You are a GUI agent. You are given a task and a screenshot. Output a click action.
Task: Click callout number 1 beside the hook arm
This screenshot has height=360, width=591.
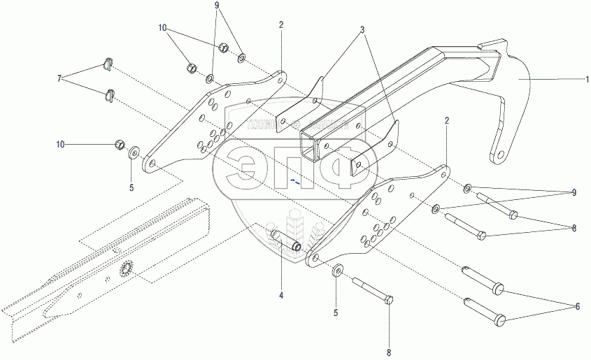[576, 81]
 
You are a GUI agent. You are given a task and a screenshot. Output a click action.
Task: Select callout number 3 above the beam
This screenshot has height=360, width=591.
[362, 31]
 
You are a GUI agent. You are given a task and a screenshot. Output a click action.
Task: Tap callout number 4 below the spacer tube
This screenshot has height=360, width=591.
[281, 296]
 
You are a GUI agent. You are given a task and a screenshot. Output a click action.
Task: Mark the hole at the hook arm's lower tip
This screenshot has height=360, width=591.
[498, 154]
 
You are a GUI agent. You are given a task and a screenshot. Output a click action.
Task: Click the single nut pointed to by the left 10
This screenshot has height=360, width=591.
[120, 145]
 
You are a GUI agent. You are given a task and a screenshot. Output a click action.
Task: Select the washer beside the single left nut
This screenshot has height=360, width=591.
[134, 151]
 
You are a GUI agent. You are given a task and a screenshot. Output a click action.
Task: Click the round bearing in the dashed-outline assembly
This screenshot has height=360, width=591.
[127, 268]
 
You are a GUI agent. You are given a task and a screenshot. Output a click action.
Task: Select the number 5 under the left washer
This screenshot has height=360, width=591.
[130, 187]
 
